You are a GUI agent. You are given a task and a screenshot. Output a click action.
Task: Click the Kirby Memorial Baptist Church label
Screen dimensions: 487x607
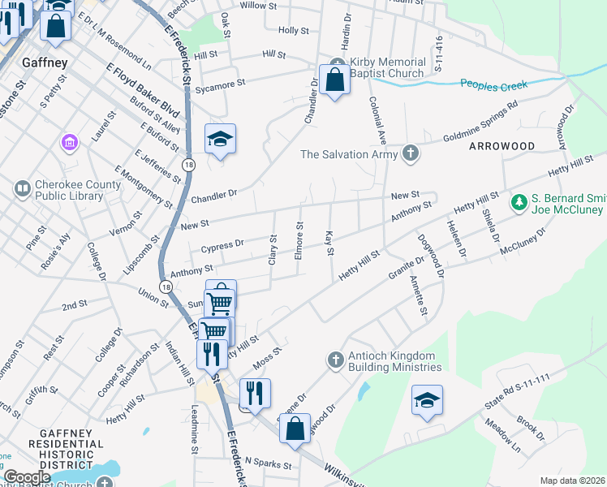tap(386, 67)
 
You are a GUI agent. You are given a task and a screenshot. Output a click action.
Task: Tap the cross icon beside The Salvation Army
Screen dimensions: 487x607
tap(411, 153)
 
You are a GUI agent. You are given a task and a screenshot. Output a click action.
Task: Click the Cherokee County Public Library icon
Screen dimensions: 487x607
tap(22, 189)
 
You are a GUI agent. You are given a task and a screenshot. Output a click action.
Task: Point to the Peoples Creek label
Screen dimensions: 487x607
tap(493, 84)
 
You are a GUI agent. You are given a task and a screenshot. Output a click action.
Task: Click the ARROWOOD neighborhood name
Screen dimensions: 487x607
tap(501, 145)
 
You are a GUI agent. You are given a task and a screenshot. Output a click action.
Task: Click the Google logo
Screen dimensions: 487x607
tap(26, 477)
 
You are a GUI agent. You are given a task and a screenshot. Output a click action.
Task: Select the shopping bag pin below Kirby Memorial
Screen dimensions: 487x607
tap(334, 80)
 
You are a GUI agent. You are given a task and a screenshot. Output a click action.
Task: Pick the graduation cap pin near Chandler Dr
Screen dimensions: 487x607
tap(220, 140)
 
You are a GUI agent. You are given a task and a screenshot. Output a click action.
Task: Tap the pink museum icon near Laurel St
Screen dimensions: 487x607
tap(70, 143)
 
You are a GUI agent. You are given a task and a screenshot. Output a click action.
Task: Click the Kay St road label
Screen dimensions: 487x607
tap(329, 243)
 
